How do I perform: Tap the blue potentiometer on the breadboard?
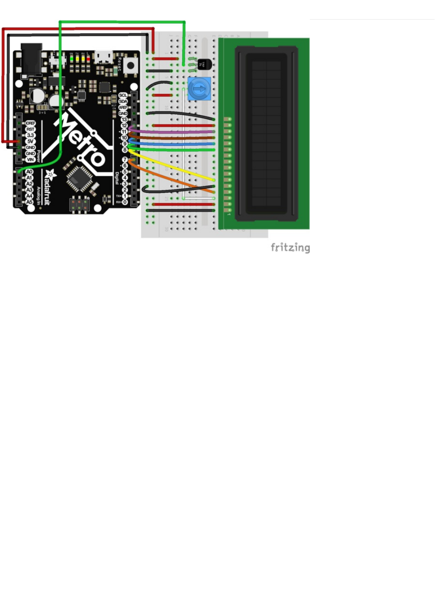(199, 89)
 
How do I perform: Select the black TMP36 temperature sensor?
(204, 65)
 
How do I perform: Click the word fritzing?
(290, 248)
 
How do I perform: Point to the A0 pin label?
(29, 172)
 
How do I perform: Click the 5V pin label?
(30, 141)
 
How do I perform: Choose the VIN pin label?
(30, 160)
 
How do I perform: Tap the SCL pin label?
(123, 95)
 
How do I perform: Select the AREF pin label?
(123, 107)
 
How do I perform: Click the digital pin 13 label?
(124, 120)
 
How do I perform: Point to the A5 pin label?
(29, 202)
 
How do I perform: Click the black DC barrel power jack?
(32, 57)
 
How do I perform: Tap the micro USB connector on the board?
(104, 56)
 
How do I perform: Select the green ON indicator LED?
(72, 58)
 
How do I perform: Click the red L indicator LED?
(88, 58)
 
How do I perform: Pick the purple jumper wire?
(175, 131)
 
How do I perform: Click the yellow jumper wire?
(175, 166)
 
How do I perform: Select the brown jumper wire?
(175, 137)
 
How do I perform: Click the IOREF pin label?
(30, 123)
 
